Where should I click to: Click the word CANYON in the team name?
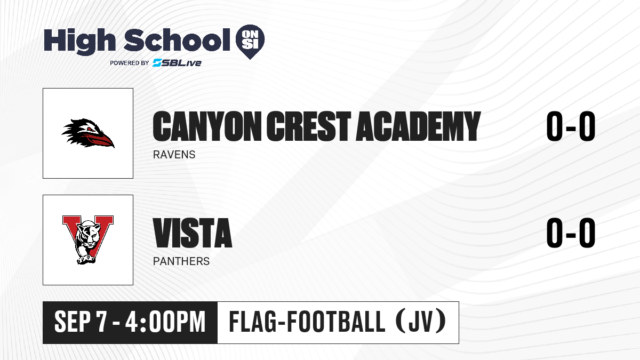pos(207,126)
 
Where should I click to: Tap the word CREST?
pos(309,126)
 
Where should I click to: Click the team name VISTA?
pos(193,233)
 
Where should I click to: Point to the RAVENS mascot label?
pos(174,155)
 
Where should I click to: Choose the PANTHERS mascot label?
pos(181,261)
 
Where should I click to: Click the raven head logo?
pos(88,133)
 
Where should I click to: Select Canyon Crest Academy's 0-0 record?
pos(571,126)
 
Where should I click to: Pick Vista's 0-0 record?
pos(571,233)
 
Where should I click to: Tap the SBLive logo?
pos(177,63)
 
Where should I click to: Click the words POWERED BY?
pos(130,63)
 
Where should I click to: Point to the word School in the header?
pos(177,39)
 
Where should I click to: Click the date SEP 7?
pos(81,322)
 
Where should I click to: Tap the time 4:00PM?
pos(165,322)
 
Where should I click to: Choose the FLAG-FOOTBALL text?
pos(307,322)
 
